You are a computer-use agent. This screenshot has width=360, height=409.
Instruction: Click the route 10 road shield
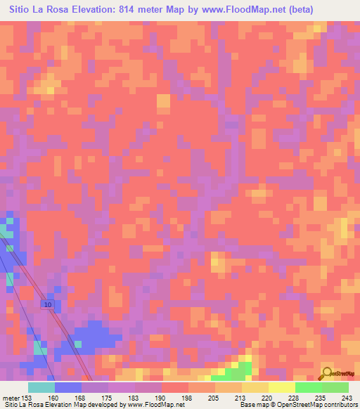pyautogui.click(x=48, y=304)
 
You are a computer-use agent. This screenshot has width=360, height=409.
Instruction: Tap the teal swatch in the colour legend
pyautogui.click(x=41, y=387)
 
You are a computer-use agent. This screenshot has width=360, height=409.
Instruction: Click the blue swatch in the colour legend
pyautogui.click(x=68, y=387)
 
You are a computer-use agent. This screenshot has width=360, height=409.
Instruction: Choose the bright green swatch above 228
pyautogui.click(x=307, y=387)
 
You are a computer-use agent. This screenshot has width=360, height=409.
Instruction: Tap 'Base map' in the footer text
pyautogui.click(x=254, y=405)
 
